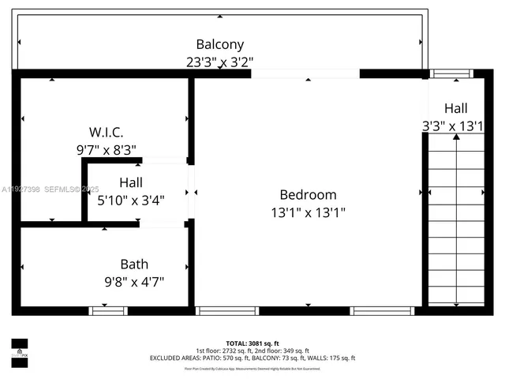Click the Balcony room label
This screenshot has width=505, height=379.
[x=219, y=44]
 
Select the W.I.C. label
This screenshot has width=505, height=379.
[x=105, y=132]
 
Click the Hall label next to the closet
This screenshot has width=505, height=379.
[x=131, y=183]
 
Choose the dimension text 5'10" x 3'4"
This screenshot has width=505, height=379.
[x=131, y=200]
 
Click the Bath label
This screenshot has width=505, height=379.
[x=133, y=264]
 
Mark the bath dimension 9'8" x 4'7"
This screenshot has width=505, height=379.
[x=133, y=280]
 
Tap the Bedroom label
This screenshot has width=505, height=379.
[x=308, y=194]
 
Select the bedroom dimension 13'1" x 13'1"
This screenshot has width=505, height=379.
[x=308, y=212]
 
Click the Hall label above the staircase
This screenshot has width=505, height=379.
[x=455, y=108]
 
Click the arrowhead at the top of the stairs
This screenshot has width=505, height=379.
[x=456, y=137]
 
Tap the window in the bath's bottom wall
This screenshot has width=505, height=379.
[x=108, y=311]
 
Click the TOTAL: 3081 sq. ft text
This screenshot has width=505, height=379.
[x=252, y=343]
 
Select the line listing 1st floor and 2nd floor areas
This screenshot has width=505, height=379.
[x=252, y=350]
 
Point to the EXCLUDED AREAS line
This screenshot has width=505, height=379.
[x=252, y=358]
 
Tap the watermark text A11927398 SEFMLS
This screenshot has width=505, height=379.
[x=49, y=189]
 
